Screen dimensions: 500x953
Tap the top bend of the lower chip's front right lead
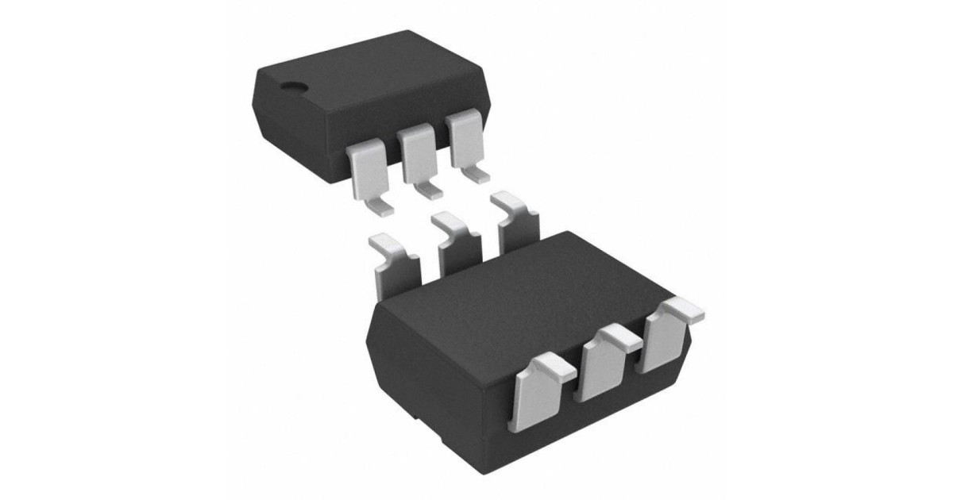coord(684,310)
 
